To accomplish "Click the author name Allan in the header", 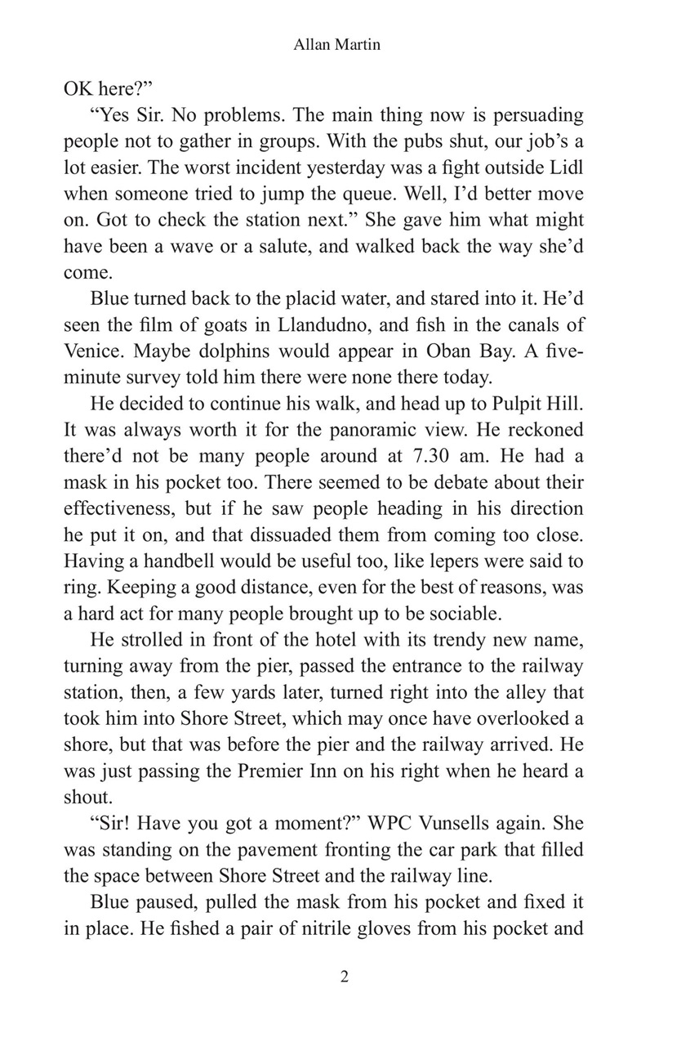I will [310, 46].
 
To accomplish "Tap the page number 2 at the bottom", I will [345, 977].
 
